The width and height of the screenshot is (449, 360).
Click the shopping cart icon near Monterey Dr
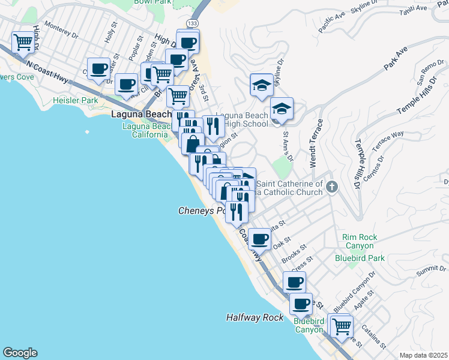(x=23, y=43)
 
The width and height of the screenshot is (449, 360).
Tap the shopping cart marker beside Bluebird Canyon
(x=341, y=327)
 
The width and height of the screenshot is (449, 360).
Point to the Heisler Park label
(x=75, y=101)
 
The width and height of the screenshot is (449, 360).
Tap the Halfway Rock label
(x=255, y=317)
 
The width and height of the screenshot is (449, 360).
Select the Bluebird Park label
(x=359, y=258)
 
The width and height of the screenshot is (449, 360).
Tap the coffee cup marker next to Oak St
(x=259, y=239)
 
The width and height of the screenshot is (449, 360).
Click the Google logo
(x=20, y=353)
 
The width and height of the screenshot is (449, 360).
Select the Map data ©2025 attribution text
(x=423, y=355)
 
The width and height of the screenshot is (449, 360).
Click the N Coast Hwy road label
(x=47, y=65)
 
